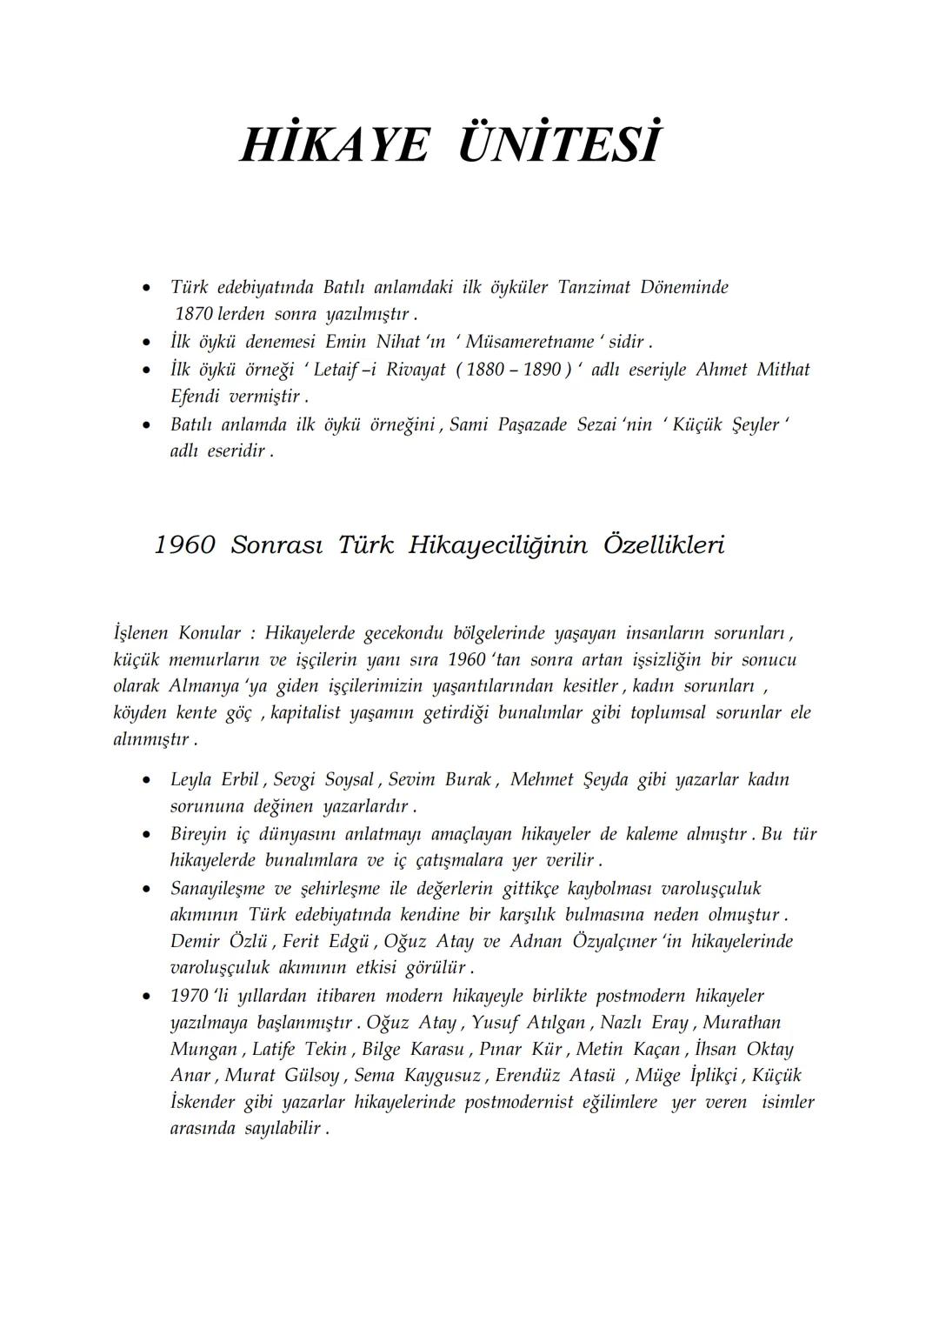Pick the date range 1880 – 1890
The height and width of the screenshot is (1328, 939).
pyautogui.click(x=513, y=370)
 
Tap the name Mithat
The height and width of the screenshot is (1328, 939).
pyautogui.click(x=782, y=370)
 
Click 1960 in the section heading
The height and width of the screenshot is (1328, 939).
pyautogui.click(x=184, y=545)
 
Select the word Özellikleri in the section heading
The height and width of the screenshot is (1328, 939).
pyautogui.click(x=663, y=545)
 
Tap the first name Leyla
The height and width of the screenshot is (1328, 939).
pyautogui.click(x=190, y=779)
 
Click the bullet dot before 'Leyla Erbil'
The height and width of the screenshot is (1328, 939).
pyautogui.click(x=150, y=780)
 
